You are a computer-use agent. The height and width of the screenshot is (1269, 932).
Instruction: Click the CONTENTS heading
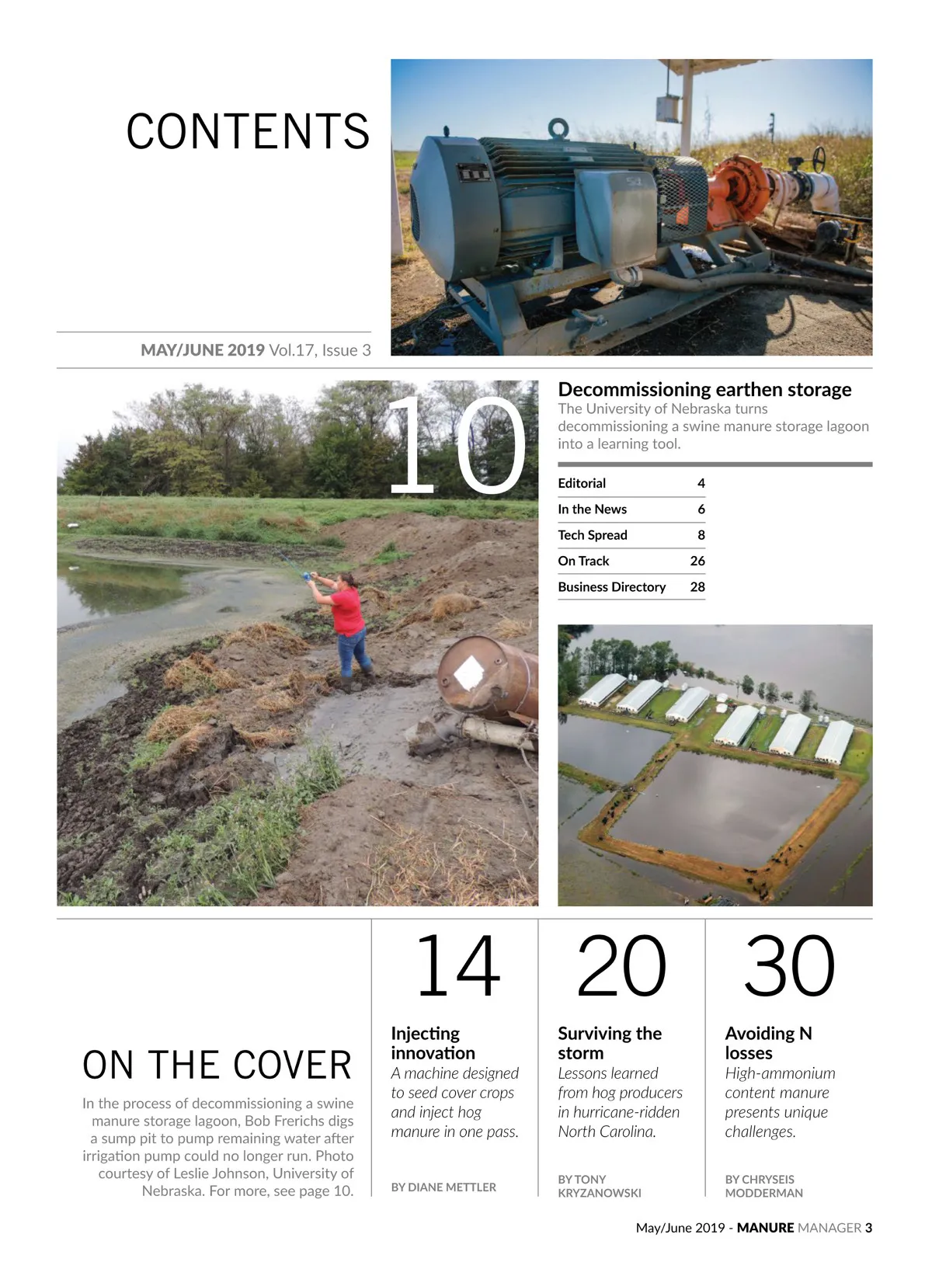[x=248, y=131]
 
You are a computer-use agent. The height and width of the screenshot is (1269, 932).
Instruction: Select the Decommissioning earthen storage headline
[x=704, y=389]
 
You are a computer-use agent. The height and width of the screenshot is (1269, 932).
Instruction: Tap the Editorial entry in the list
[x=582, y=483]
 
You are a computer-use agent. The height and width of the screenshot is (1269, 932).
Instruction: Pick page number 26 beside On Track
[x=697, y=561]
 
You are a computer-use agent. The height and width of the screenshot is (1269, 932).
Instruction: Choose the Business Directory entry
[x=611, y=587]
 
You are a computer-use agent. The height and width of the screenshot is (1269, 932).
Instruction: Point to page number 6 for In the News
[x=701, y=509]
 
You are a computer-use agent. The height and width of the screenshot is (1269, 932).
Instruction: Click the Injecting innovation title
[x=433, y=1043]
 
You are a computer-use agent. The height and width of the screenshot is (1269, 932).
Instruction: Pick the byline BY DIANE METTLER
[x=443, y=1187]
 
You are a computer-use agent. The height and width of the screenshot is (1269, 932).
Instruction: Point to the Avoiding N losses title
[x=767, y=1043]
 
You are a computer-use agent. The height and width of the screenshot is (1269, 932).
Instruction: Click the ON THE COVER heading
[x=217, y=1066]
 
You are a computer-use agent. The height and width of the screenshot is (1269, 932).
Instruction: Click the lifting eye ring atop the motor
[x=558, y=128]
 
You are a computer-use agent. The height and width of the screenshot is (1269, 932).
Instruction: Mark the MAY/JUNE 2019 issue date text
[x=203, y=350]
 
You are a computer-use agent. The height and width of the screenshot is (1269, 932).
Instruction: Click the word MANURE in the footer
[x=765, y=1228]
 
